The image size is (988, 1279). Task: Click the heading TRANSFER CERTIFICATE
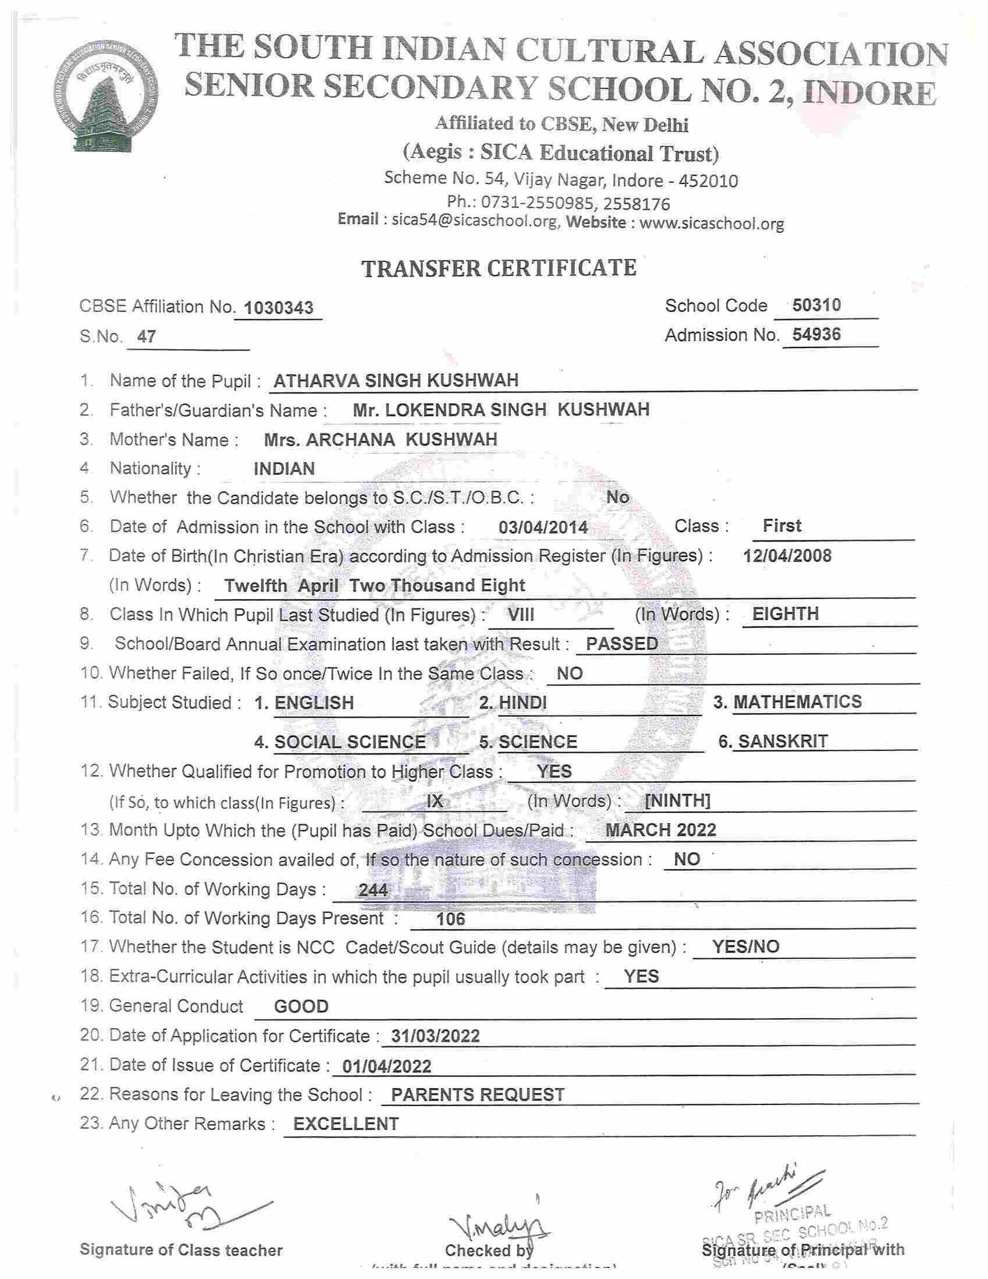point(499,268)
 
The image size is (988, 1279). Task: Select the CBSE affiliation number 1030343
point(278,307)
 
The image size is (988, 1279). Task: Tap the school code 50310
point(816,305)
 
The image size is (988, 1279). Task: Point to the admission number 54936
point(816,334)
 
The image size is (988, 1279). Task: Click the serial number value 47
point(146,336)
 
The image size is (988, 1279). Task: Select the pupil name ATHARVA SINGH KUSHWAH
point(396,381)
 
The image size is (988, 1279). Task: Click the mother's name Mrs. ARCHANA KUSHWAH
point(381,439)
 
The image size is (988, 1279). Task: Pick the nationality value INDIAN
point(284,469)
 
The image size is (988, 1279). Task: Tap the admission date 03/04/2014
point(542,527)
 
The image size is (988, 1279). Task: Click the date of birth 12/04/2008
point(787,556)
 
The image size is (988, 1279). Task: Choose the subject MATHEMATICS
point(797,701)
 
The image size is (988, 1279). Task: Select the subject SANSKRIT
point(783,742)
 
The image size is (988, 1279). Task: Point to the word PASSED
point(621,644)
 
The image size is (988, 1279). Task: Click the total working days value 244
point(373,890)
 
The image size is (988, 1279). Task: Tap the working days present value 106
point(450,919)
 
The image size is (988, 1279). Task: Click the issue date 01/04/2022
point(387,1066)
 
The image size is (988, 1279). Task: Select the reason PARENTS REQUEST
point(478,1094)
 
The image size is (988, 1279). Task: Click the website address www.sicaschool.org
point(711,223)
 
